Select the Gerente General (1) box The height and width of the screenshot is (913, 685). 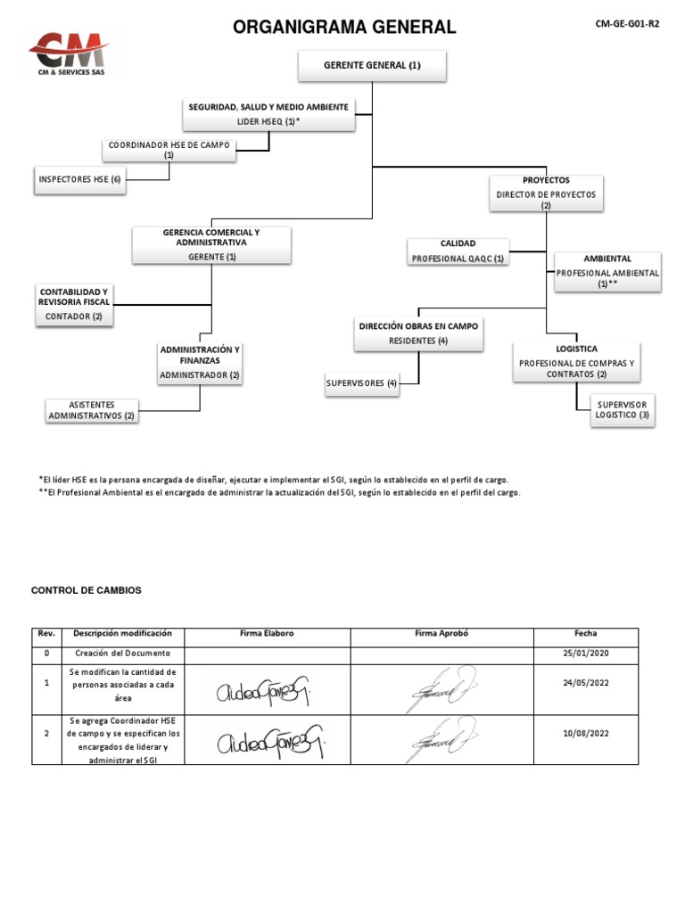371,65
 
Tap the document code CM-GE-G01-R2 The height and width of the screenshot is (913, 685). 628,24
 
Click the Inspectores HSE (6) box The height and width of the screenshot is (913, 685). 79,179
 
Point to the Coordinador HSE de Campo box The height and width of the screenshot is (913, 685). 169,149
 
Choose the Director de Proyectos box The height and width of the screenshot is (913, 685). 546,193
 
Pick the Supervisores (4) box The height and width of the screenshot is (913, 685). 361,383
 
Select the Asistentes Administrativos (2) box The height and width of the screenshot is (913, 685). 92,410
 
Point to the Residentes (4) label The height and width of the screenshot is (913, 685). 418,341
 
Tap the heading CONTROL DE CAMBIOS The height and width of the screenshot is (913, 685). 86,590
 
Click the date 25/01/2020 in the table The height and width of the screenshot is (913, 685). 585,654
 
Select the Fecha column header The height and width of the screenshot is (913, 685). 585,633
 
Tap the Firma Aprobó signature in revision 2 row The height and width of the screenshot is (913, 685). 442,740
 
